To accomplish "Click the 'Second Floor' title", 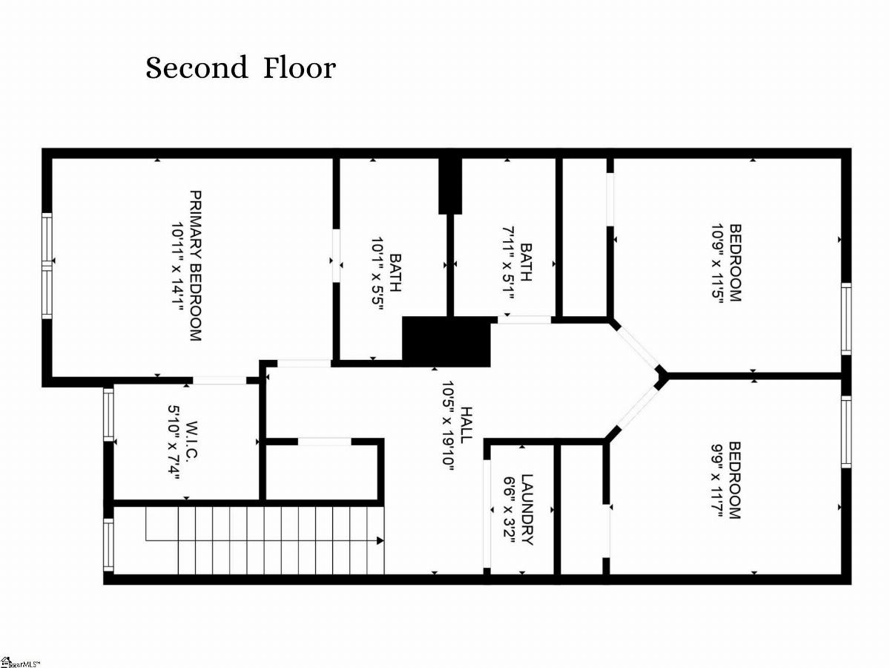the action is tap(240, 68).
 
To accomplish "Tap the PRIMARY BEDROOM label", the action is tap(195, 266).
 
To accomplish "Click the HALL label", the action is tap(466, 425).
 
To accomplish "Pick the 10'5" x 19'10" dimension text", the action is tap(447, 425).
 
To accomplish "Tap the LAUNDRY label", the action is tap(527, 510).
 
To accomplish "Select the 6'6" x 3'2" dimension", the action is tap(509, 510).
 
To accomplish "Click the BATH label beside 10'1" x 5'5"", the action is tap(395, 272).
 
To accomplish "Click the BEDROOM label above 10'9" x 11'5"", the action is tap(734, 263).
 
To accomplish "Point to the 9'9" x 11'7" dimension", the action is tap(716, 480).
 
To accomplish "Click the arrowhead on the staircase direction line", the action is tap(380, 540).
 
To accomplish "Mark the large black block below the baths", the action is tap(446, 341).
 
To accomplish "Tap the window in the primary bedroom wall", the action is tap(47, 264).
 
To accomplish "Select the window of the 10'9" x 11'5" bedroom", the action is tap(845, 318).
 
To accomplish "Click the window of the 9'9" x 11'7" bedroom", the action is tap(845, 431).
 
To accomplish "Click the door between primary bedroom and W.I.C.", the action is tap(220, 380).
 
